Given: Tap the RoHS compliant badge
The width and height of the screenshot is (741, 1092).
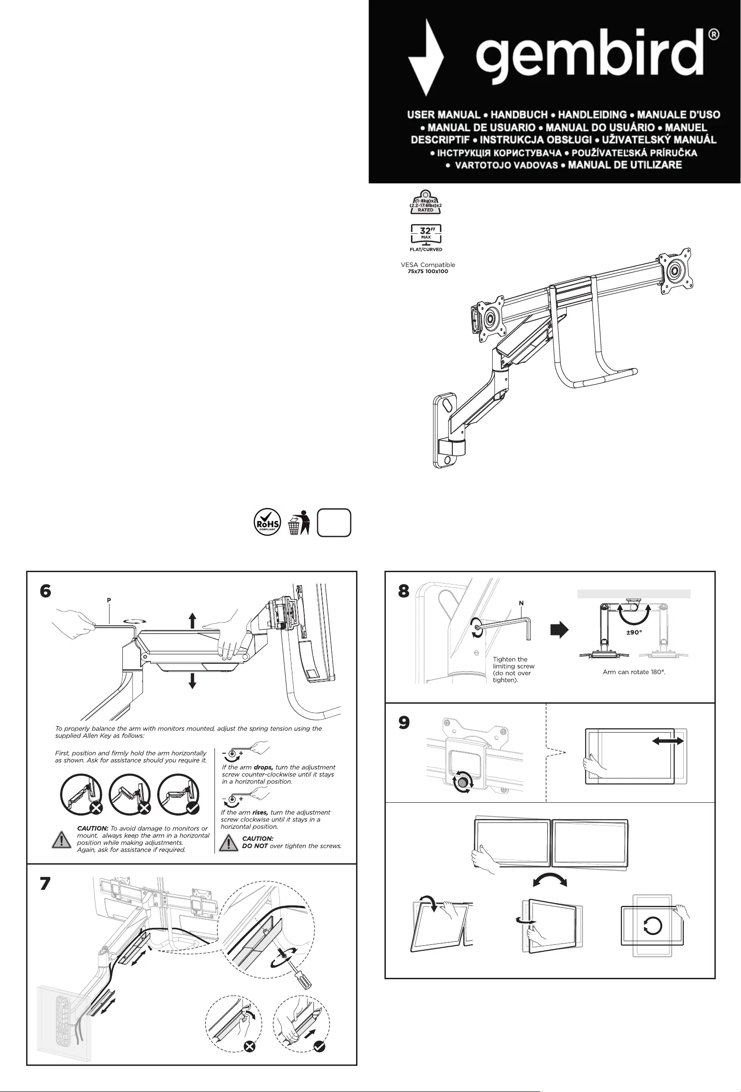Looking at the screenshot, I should [267, 522].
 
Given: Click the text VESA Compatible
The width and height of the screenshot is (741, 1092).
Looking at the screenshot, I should [428, 265].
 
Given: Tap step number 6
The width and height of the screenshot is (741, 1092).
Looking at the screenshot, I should [45, 591].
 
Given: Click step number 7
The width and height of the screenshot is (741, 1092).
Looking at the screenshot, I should [45, 884].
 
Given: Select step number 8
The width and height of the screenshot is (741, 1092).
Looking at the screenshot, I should [404, 591].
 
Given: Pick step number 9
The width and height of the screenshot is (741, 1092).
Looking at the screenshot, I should [404, 722].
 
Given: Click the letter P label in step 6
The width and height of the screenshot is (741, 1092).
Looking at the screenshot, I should [109, 600].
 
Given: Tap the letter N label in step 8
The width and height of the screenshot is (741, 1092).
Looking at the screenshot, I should [521, 603].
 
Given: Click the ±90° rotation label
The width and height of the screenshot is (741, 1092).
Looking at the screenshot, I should [634, 633].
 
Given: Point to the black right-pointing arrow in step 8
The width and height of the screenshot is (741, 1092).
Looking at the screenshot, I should [559, 629].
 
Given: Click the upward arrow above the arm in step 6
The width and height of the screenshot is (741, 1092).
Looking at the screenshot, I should [192, 620].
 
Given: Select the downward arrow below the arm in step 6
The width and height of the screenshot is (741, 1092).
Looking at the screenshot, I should [192, 680].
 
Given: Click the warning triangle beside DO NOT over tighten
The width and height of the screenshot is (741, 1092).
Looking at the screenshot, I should [229, 843].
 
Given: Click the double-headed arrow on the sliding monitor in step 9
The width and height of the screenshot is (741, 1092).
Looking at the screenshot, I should [668, 741].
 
